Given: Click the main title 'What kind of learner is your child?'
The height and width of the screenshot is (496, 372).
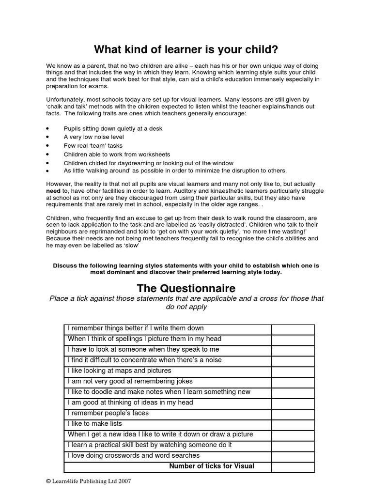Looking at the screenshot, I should point(186,49).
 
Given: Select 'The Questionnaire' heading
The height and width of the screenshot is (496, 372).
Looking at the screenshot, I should point(186,289).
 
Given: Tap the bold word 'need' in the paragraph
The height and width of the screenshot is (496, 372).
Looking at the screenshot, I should point(53,191).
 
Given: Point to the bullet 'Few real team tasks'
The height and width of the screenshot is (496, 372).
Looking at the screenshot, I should point(93,145).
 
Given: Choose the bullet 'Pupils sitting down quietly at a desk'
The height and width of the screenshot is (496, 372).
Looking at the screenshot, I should point(113,128).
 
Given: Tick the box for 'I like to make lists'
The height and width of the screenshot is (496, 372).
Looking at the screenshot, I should point(293,424).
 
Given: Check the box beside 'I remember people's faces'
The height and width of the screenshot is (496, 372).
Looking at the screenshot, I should point(293,413).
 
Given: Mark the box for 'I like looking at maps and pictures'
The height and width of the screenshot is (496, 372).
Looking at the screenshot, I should point(293,371).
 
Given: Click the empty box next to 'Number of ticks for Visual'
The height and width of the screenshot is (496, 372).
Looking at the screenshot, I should point(293,466).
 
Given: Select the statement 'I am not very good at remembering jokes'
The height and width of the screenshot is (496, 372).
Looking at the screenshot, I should point(134,381).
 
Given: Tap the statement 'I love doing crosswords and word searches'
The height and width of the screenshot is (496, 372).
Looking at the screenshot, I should point(134,456).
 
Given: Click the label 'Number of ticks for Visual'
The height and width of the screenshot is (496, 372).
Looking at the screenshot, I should point(212,466).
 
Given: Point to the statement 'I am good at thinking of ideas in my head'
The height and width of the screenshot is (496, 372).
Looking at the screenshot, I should point(130,403).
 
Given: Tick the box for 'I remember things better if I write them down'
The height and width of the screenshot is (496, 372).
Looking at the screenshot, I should point(293,328).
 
